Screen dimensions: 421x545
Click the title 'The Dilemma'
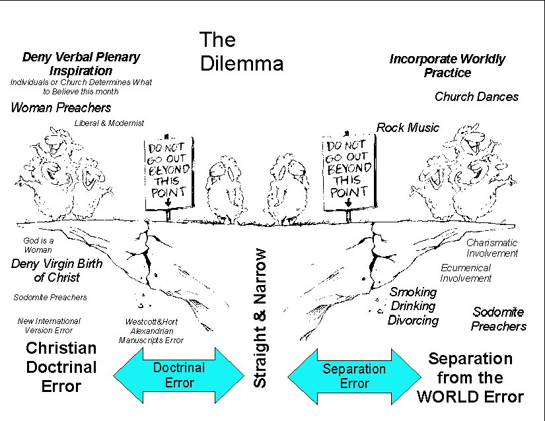click(x=241, y=51)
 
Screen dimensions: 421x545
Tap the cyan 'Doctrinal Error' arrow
click(x=178, y=375)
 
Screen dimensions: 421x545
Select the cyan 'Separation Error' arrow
click(x=354, y=375)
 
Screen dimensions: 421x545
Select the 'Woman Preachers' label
click(x=61, y=108)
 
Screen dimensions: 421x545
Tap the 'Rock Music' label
click(x=408, y=127)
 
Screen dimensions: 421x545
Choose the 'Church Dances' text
click(x=476, y=96)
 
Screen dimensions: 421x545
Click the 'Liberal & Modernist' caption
click(x=109, y=123)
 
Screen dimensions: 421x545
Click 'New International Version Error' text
click(x=49, y=325)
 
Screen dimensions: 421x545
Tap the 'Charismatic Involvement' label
click(x=492, y=247)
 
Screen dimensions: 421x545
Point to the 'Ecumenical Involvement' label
click(x=466, y=273)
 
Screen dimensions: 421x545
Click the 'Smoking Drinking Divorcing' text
click(x=413, y=306)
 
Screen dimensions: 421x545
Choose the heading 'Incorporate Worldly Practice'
click(x=447, y=65)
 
